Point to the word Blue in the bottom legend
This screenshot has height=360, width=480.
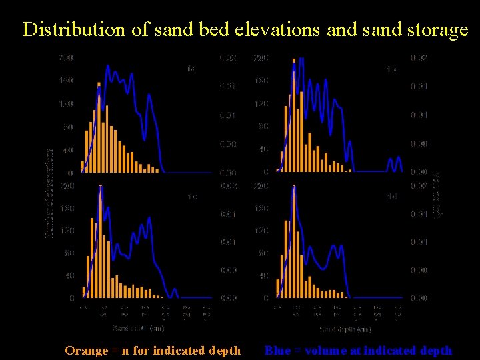(x=277, y=351)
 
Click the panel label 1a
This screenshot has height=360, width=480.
(x=191, y=68)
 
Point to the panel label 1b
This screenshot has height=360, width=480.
(x=391, y=69)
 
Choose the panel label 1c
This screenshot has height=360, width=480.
(x=192, y=197)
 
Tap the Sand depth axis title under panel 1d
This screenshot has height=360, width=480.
(x=345, y=329)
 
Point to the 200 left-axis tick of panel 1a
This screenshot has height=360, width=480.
(x=65, y=58)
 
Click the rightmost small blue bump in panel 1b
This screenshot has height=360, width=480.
(x=399, y=163)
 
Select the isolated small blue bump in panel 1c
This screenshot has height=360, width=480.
(x=174, y=292)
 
